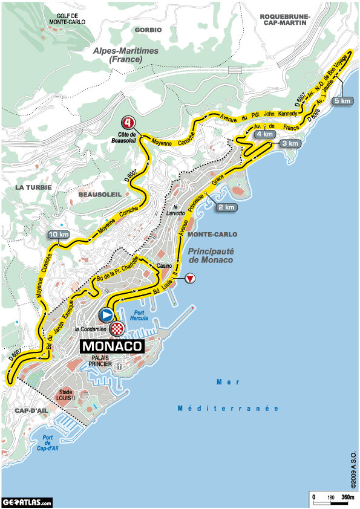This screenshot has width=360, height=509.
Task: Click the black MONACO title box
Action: pos(112,347)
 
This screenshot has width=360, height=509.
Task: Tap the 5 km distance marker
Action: pos(342,101)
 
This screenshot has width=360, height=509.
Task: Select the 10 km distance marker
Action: pos(59,235)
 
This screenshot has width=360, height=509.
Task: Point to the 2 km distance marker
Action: pos(226,207)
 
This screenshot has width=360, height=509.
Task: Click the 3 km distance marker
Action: pos(289,143)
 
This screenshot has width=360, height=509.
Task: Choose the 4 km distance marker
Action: pos(265,134)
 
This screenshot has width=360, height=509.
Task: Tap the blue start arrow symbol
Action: pos(106,315)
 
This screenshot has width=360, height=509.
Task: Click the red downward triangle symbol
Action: pos(190,278)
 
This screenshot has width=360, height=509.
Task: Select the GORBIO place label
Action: pos(149,29)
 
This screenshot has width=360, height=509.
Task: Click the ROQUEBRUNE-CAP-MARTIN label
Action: pos(284,19)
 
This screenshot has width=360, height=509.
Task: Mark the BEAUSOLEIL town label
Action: pos(100,194)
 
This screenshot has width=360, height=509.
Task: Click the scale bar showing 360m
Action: pos(333,498)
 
